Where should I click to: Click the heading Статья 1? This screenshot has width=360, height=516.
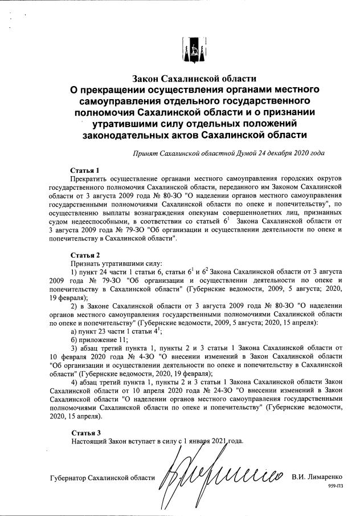pos(85,170)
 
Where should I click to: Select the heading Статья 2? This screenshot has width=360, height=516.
pos(85,254)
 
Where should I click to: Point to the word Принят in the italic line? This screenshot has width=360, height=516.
pos(145,153)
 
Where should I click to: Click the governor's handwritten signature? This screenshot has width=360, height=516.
pos(222,473)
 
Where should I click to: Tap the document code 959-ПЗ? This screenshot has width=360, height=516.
pos(336,485)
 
